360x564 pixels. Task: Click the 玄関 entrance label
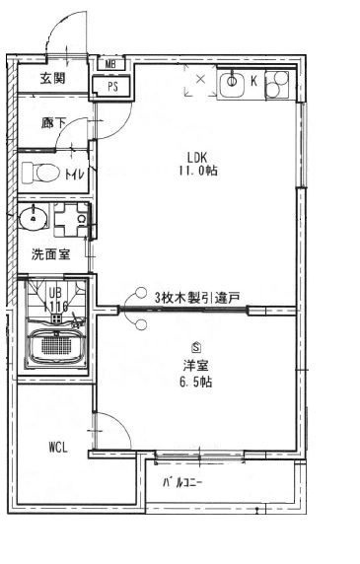(x=52, y=79)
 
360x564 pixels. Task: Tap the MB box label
(x=110, y=66)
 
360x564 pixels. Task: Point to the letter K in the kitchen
(x=252, y=82)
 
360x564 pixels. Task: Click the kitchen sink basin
(x=233, y=85)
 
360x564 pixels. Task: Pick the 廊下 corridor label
(x=53, y=124)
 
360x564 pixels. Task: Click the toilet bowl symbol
(x=41, y=174)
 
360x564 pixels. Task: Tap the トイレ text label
(x=75, y=175)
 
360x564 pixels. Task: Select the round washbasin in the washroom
(x=30, y=217)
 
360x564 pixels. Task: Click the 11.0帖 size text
(x=197, y=170)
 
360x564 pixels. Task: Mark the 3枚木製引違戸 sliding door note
(x=197, y=296)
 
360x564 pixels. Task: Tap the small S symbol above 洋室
(x=197, y=347)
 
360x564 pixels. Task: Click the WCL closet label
(x=57, y=447)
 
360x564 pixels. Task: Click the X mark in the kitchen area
(x=201, y=78)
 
